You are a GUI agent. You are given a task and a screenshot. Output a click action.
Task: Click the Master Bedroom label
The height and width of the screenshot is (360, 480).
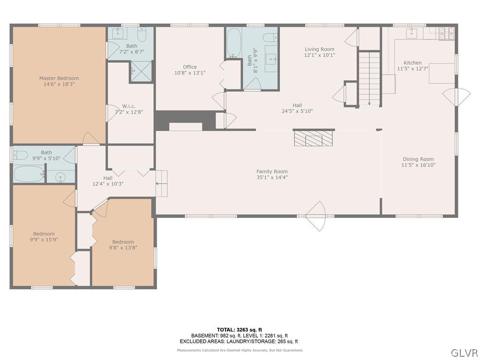[59, 78]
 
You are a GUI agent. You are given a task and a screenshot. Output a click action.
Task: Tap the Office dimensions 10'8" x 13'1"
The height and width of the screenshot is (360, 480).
[190, 73]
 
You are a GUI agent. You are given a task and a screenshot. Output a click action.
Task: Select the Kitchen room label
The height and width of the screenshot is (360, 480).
[412, 63]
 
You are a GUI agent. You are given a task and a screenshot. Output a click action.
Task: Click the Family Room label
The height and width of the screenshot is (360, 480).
[272, 172]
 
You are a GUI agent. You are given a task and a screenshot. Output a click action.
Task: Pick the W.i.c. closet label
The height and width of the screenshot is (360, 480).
[129, 106]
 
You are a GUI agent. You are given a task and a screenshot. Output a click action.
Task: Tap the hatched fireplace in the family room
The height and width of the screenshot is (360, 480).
[308, 139]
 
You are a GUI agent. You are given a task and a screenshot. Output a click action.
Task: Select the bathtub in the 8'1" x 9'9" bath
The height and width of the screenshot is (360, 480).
[233, 43]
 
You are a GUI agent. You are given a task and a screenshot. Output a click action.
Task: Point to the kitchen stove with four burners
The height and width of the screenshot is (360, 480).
[446, 33]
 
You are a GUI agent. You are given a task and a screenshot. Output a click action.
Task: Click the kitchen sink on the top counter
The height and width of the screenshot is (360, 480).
[412, 32]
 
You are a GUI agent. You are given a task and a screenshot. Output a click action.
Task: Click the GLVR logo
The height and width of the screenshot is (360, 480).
[464, 352]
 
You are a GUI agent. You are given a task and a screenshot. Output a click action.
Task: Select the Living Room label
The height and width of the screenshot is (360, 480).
[319, 49]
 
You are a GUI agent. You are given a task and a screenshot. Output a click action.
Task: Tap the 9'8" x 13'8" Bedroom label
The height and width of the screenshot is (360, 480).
[123, 242]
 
